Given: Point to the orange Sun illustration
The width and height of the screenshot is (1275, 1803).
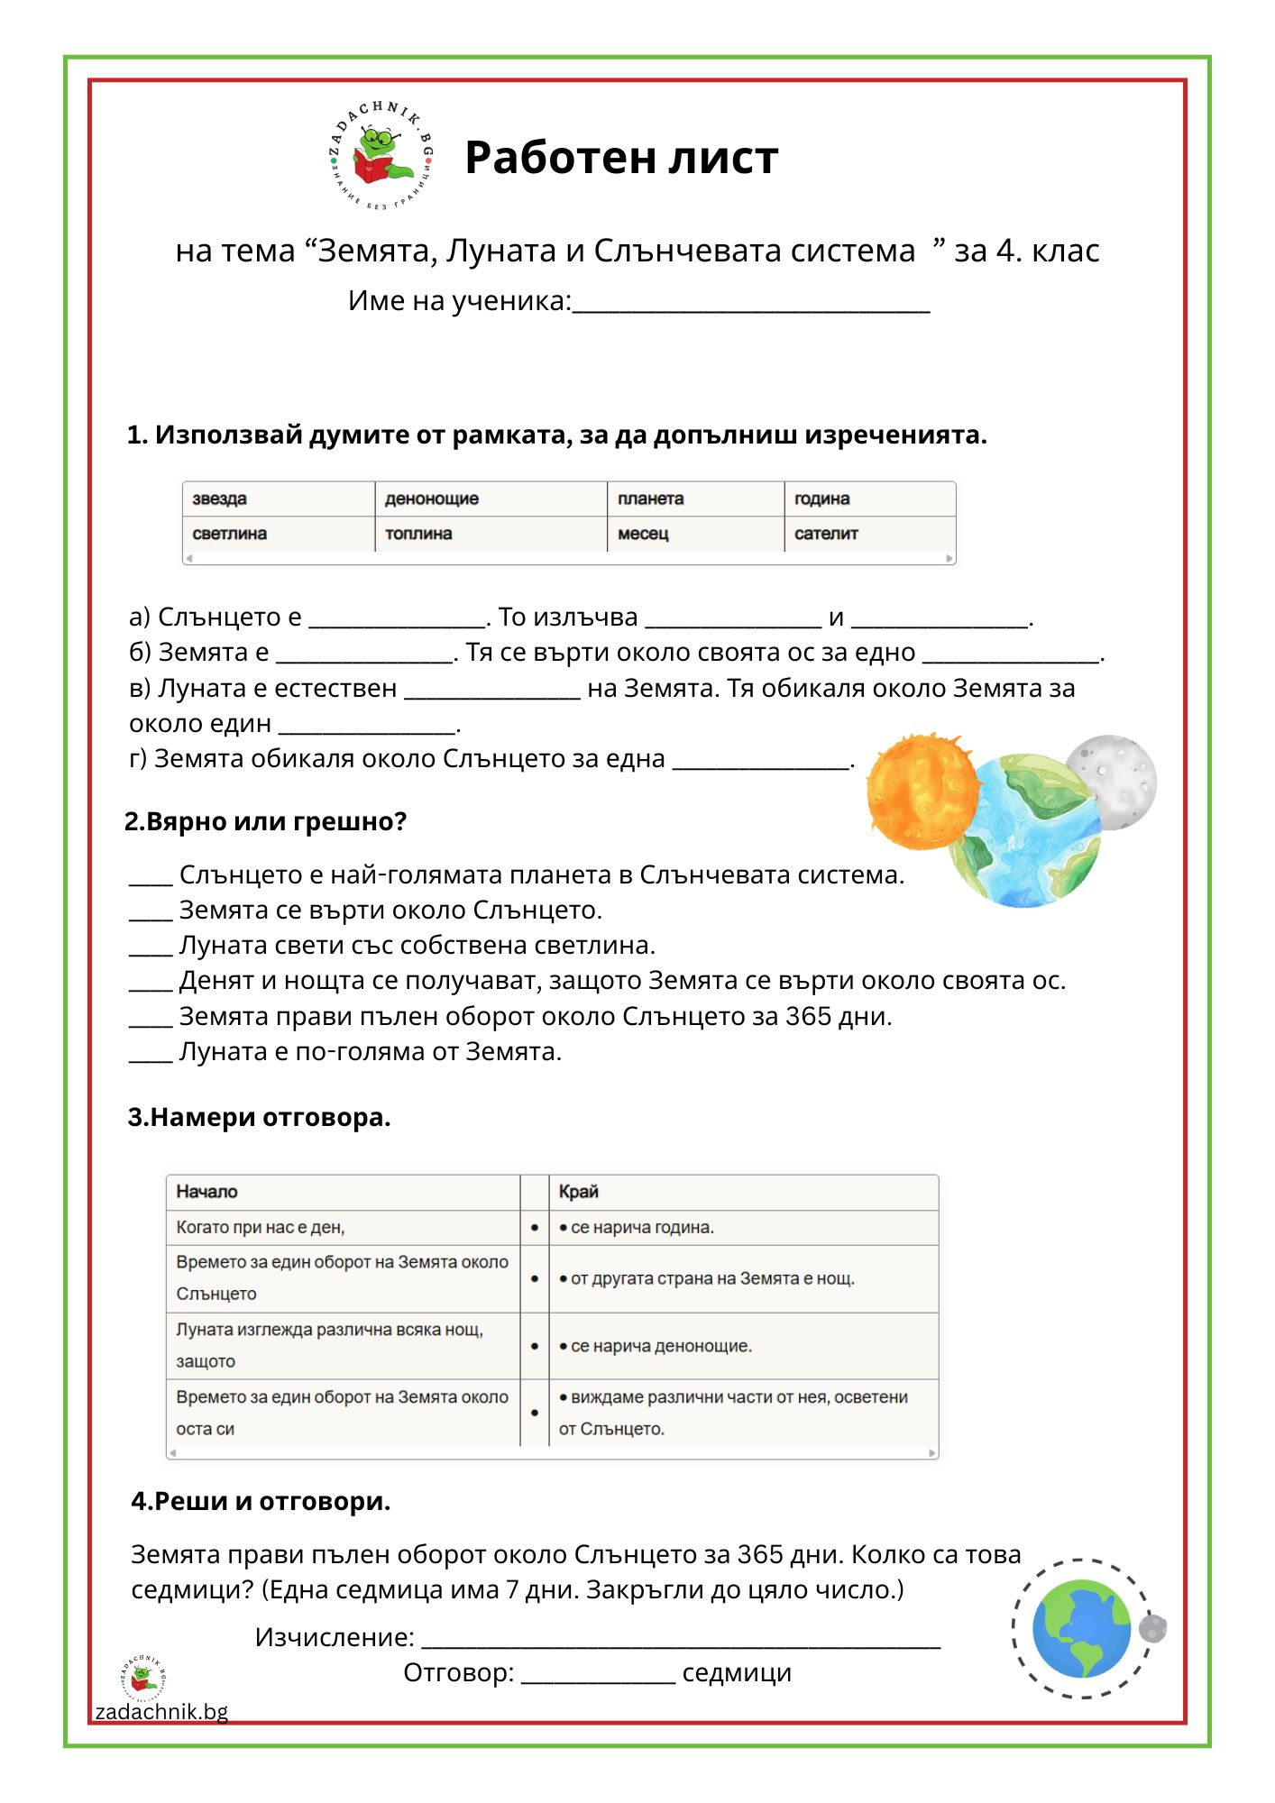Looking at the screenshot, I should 921,792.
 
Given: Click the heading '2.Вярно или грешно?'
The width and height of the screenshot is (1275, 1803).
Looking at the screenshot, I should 266,821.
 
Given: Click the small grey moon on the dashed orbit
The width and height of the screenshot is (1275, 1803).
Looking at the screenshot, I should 1151,1628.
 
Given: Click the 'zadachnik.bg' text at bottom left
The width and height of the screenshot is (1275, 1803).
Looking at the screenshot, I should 161,1711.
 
